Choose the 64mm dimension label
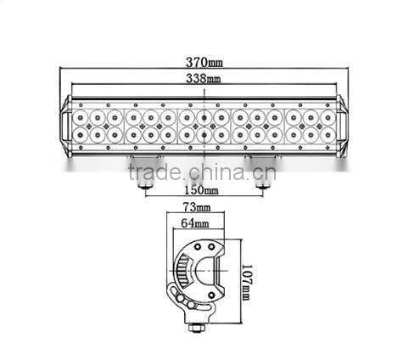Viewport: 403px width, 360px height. point(194,225)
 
